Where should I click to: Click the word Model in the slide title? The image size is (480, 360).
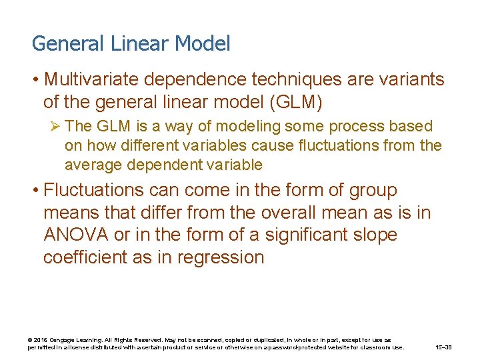click(203, 44)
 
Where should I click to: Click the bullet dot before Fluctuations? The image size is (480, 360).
click(34, 191)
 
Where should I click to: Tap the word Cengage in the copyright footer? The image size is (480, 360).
click(62, 340)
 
